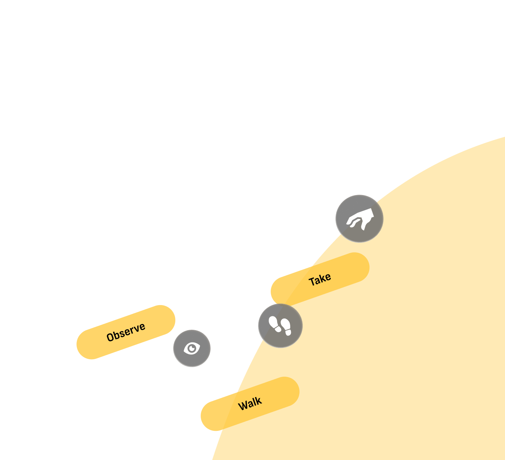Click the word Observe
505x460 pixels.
[x=126, y=332]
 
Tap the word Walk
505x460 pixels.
[x=250, y=404]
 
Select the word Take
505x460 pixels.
[x=320, y=280]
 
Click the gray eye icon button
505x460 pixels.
[x=192, y=348]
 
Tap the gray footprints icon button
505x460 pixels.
[x=280, y=326]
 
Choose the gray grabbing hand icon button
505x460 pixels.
[x=359, y=219]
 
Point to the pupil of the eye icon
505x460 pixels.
[x=192, y=349]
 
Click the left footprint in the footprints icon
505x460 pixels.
[x=275, y=324]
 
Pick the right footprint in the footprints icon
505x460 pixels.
[x=286, y=327]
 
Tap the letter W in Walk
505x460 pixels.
[x=243, y=406]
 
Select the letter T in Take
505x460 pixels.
[x=312, y=282]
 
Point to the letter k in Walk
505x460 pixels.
[x=258, y=401]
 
